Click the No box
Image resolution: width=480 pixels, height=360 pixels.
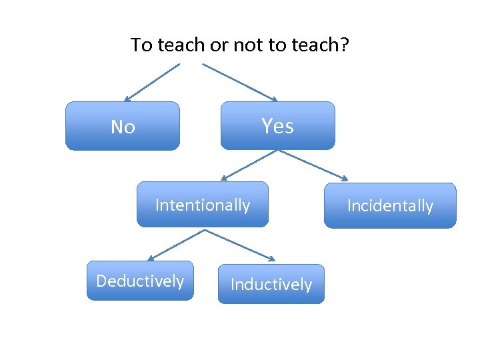click(123, 125)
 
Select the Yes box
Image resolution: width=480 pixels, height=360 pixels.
click(277, 125)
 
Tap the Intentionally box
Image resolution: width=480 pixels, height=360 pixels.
click(203, 205)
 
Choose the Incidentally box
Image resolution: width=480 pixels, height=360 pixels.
click(390, 206)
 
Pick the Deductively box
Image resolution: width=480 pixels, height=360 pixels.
click(140, 281)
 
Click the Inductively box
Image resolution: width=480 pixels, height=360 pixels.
click(271, 285)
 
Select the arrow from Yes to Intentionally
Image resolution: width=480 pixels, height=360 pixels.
click(248, 165)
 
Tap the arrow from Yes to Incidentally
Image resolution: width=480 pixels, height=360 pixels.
click(313, 165)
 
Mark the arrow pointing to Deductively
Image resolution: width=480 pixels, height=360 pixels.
click(175, 245)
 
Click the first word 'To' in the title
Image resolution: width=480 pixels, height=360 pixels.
click(141, 45)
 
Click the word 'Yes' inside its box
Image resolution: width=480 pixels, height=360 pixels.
click(277, 125)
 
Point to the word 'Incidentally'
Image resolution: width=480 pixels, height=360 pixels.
click(390, 206)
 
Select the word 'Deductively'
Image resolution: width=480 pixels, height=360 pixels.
click(140, 281)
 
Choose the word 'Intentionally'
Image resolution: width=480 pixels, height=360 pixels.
click(203, 205)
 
